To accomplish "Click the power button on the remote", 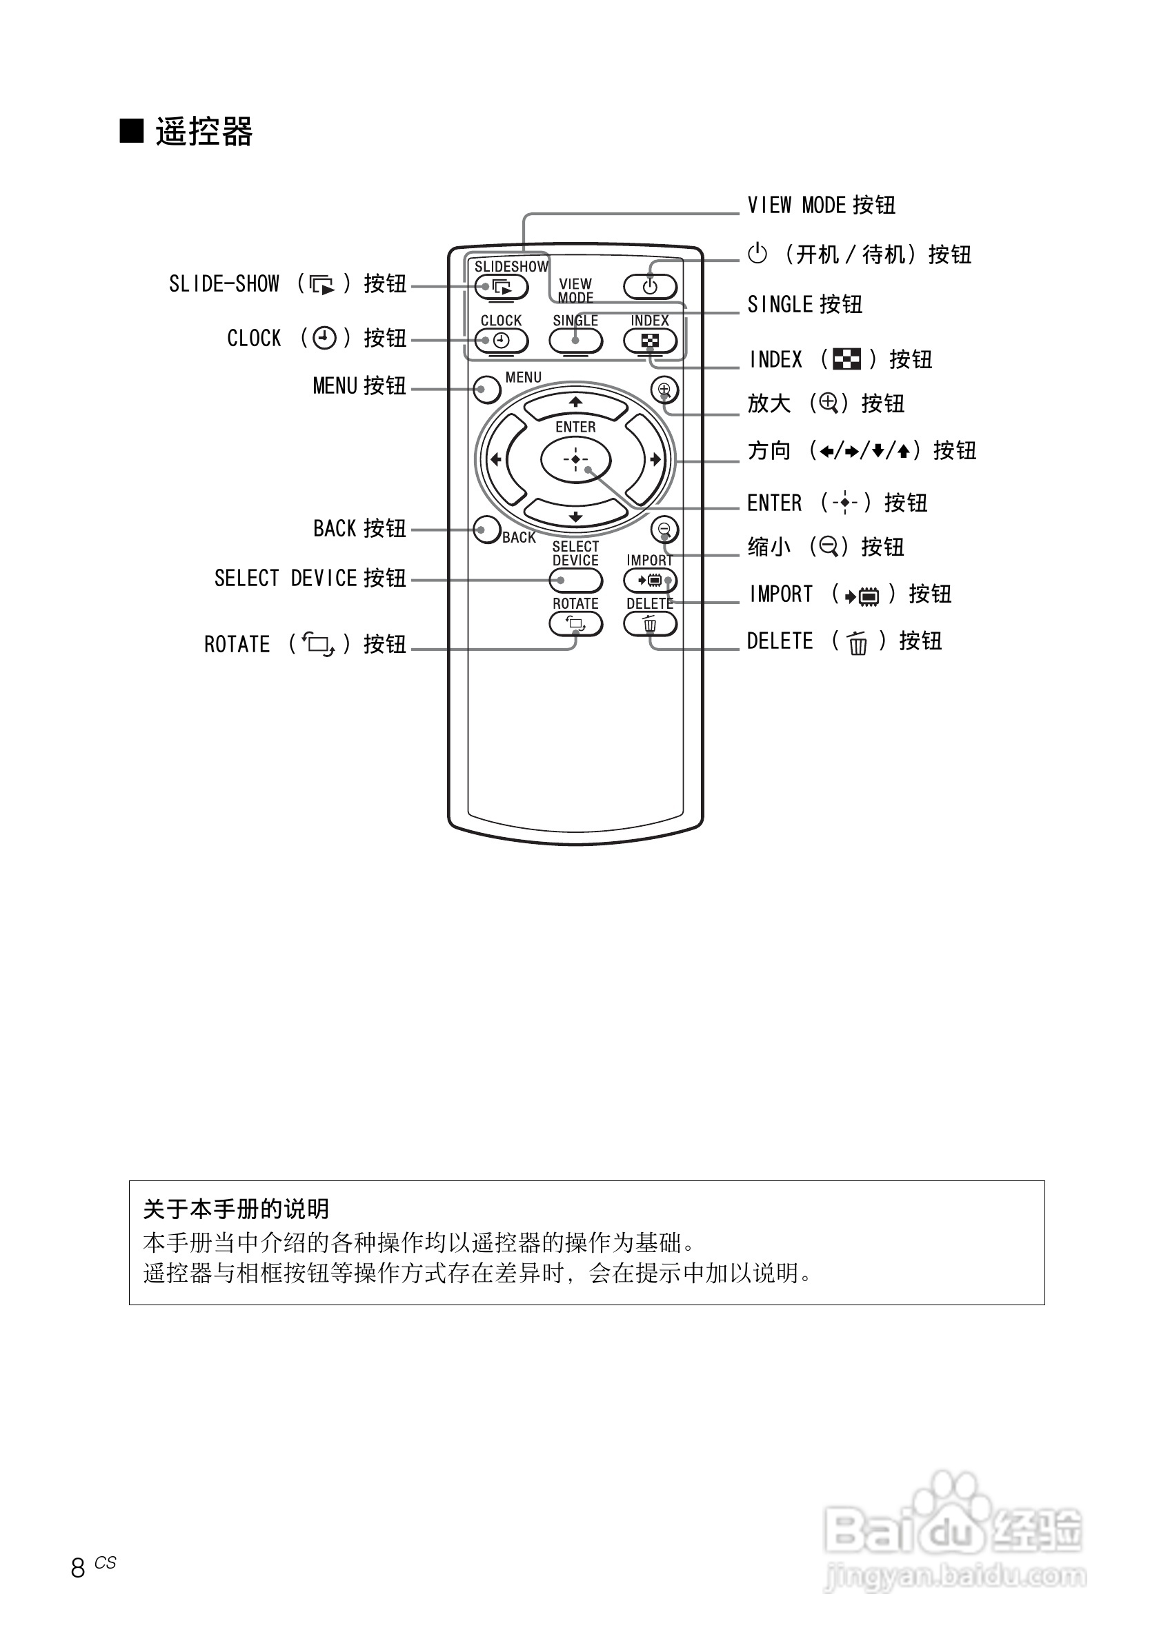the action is pos(649,288).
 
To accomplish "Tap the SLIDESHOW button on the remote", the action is pos(502,288).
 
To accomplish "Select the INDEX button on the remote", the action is pos(649,341).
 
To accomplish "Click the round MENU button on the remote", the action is pos(487,390).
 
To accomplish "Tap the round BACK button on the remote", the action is pos(487,530).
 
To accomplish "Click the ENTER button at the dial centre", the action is pos(575,459).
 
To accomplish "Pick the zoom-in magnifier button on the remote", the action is pos(664,390).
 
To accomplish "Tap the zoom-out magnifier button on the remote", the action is pos(664,530).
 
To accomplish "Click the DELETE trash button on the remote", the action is pos(649,624).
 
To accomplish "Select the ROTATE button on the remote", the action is pos(575,624).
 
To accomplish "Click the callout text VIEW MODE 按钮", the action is pos(821,206).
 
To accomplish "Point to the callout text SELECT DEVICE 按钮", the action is pos(310,578).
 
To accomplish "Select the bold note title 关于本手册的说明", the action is pos(236,1209).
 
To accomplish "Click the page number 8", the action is pos(78,1568).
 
